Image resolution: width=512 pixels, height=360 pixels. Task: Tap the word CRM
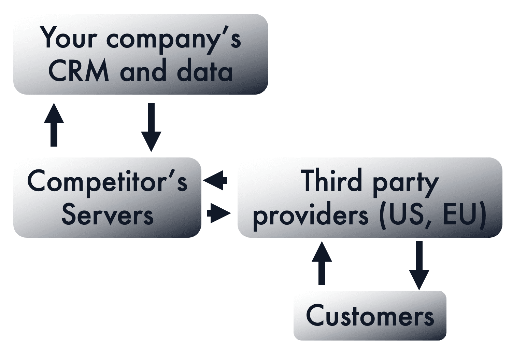click(x=79, y=71)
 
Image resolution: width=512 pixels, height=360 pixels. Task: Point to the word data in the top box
click(x=204, y=71)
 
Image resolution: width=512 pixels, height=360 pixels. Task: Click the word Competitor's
click(x=107, y=182)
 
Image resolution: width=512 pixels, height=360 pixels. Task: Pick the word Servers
click(x=107, y=215)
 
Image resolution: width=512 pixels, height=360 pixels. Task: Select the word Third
click(x=331, y=181)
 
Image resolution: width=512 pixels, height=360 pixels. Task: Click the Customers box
click(x=370, y=316)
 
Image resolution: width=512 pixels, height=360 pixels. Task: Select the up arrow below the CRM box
click(x=54, y=125)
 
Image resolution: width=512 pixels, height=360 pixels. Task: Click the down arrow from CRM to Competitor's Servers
click(x=151, y=127)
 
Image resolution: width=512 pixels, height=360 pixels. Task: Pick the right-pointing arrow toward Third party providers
click(x=218, y=213)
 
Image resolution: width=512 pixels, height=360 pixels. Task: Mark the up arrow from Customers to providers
click(x=322, y=263)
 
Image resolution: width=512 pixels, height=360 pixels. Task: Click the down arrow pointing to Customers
click(x=419, y=265)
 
